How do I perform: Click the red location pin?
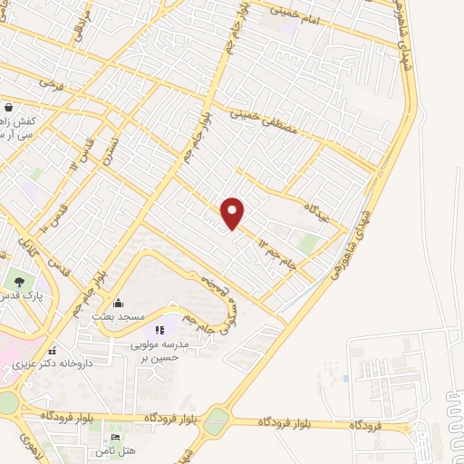tap(234, 213)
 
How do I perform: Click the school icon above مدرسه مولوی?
tap(161, 331)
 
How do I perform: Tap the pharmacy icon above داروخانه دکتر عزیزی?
tap(52, 350)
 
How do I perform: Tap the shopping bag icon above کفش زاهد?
tap(7, 106)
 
